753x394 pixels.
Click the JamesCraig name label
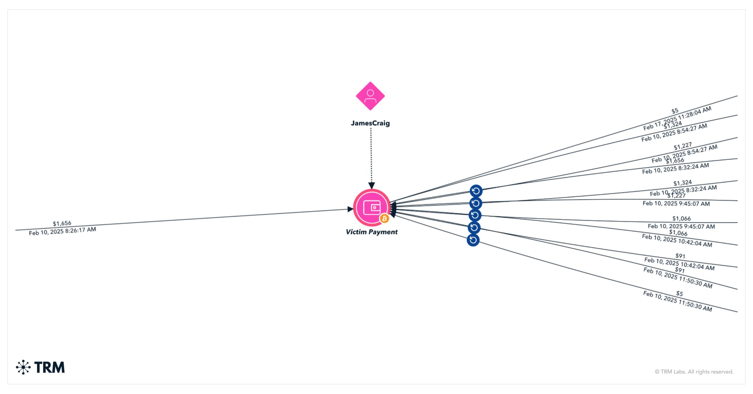(x=370, y=123)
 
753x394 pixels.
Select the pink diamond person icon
(x=370, y=96)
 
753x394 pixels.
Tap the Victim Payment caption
(x=371, y=232)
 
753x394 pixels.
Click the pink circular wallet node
(x=371, y=207)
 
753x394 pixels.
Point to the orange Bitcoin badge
(x=384, y=218)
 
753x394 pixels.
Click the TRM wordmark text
(x=50, y=367)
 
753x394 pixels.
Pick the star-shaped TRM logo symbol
(x=23, y=367)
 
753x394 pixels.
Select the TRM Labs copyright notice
(x=694, y=372)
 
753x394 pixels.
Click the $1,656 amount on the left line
(x=62, y=223)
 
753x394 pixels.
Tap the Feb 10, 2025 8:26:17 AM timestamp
(x=62, y=232)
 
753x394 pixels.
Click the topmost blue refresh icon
(x=476, y=191)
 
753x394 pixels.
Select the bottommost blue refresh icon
(x=473, y=240)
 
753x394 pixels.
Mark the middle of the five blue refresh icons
(x=475, y=215)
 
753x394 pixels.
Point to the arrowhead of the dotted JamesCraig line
(x=371, y=185)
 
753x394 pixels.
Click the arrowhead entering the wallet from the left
(x=350, y=209)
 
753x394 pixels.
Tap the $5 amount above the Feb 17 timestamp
(x=675, y=111)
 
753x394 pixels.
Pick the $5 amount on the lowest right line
(x=679, y=294)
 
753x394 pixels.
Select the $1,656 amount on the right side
(x=675, y=161)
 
